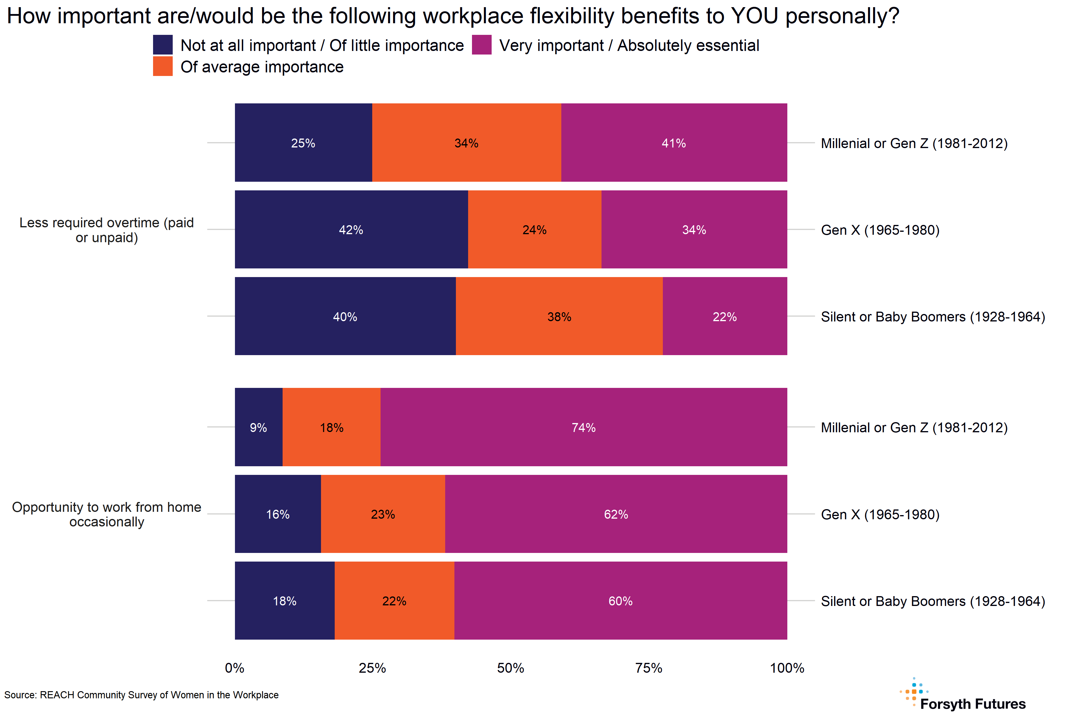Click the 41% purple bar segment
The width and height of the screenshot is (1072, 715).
[674, 143]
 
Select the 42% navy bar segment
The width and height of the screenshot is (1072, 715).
[351, 229]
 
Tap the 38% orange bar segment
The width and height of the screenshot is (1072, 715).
[559, 316]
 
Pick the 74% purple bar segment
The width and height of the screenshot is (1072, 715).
[583, 427]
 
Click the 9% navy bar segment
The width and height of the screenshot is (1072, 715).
[258, 427]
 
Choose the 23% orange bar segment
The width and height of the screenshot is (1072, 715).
[383, 514]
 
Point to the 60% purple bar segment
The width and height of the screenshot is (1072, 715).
[620, 601]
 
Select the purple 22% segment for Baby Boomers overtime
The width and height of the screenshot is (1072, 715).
[725, 316]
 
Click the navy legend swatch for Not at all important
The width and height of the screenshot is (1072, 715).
[163, 45]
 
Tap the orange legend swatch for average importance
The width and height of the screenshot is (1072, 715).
[163, 66]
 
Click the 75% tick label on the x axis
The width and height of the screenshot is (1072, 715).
[649, 668]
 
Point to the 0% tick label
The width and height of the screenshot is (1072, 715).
[234, 668]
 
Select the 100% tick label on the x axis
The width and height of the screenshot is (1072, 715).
[787, 668]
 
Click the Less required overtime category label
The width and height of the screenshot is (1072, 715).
[107, 230]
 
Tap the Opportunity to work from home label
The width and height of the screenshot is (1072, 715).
[107, 515]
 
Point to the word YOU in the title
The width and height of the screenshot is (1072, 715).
[754, 16]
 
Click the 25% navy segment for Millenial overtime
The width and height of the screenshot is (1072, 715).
[303, 143]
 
